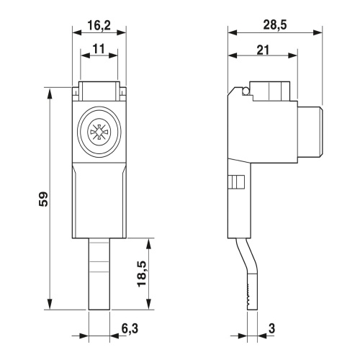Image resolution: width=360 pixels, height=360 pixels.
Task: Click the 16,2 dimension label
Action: point(99,25)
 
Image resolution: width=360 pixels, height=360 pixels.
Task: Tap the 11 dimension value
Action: point(99,49)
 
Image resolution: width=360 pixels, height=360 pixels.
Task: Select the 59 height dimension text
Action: point(44,199)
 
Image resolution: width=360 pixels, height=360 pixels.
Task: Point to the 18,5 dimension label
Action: point(142,274)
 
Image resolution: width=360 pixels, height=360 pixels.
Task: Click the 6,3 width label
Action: point(130,328)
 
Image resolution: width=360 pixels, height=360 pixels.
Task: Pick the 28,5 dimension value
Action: point(275,24)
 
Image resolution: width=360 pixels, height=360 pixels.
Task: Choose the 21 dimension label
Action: point(263,50)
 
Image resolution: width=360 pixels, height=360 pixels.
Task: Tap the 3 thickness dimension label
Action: point(271,328)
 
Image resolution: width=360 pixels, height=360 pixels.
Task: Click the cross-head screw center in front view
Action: point(99,132)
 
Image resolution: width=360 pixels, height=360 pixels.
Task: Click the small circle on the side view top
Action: point(246,91)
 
